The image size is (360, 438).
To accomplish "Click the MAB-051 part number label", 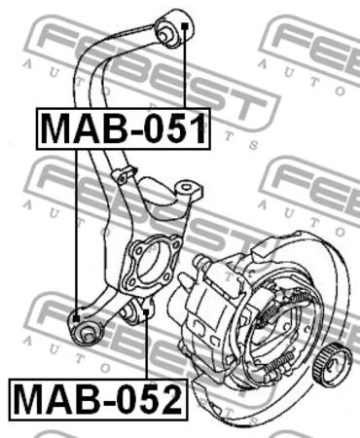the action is [x=124, y=128].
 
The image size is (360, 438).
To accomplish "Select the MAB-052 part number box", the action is [x=98, y=399].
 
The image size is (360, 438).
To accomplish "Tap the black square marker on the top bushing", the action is [x=184, y=26].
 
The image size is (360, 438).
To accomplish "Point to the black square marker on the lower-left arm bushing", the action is [x=76, y=318].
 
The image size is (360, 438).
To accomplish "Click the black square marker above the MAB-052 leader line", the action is [x=146, y=312].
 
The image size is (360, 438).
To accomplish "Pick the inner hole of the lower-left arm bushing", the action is [x=86, y=335].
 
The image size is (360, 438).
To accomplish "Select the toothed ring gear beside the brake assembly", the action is [x=332, y=361].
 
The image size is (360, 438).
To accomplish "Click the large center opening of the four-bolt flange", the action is [x=150, y=266].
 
